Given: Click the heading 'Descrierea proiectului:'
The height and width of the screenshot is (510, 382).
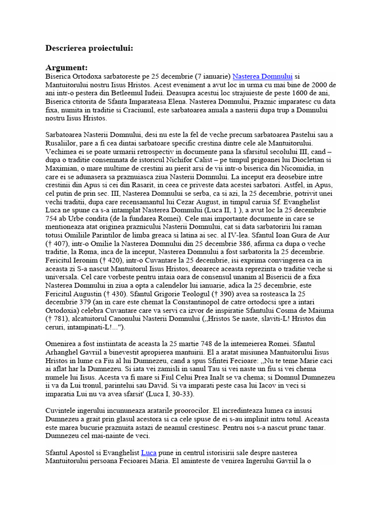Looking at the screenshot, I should tap(89, 48).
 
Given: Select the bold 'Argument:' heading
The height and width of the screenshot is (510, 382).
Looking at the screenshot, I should tap(67, 67).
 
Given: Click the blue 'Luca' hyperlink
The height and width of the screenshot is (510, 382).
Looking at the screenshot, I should tap(149, 452).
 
